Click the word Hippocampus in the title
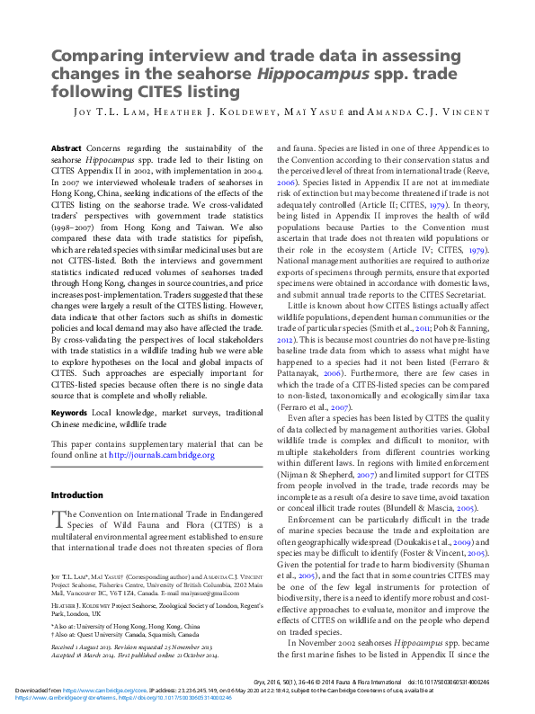tap(320, 73)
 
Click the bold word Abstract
tap(67, 147)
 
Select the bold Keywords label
tap(69, 413)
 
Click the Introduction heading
tap(77, 495)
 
